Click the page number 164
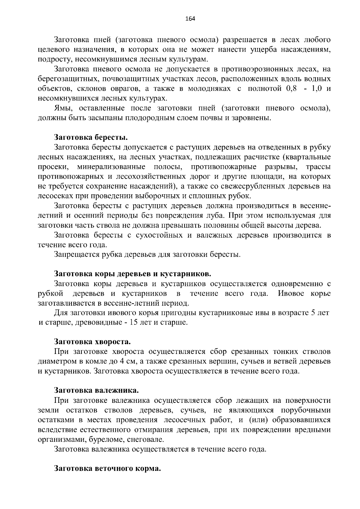tap(190, 19)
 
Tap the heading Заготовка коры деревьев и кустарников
tap(133, 274)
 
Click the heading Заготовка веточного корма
tap(107, 469)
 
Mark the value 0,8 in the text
tap(289, 89)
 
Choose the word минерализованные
tap(111, 167)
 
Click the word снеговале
tap(150, 440)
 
